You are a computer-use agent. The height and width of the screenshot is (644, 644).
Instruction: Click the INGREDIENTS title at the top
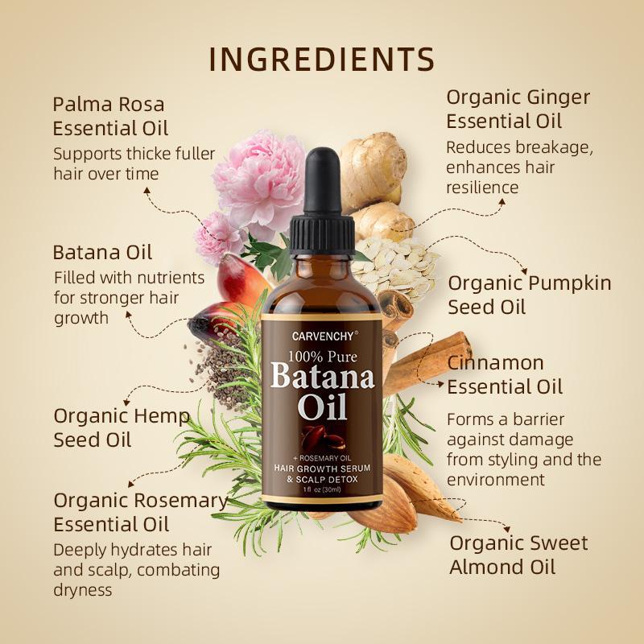322,60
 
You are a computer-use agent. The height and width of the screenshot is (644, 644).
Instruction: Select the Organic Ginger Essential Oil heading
518,109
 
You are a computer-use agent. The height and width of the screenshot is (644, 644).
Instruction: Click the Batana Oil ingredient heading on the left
102,252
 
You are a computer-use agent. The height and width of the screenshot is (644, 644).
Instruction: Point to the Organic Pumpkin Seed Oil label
529,295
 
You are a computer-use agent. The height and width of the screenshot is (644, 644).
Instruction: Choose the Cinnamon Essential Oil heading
505,374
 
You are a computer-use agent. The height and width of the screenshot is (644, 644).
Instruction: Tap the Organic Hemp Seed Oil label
121,427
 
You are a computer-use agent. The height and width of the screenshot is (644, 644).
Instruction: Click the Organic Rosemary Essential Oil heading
140,512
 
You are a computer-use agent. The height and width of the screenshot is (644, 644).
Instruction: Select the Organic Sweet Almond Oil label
518,555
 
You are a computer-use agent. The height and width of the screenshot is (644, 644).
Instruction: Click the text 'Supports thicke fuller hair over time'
134,163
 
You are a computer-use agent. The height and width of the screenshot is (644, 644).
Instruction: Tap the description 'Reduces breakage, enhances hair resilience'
508,167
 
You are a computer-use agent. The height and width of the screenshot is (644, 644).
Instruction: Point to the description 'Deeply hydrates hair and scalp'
136,570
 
